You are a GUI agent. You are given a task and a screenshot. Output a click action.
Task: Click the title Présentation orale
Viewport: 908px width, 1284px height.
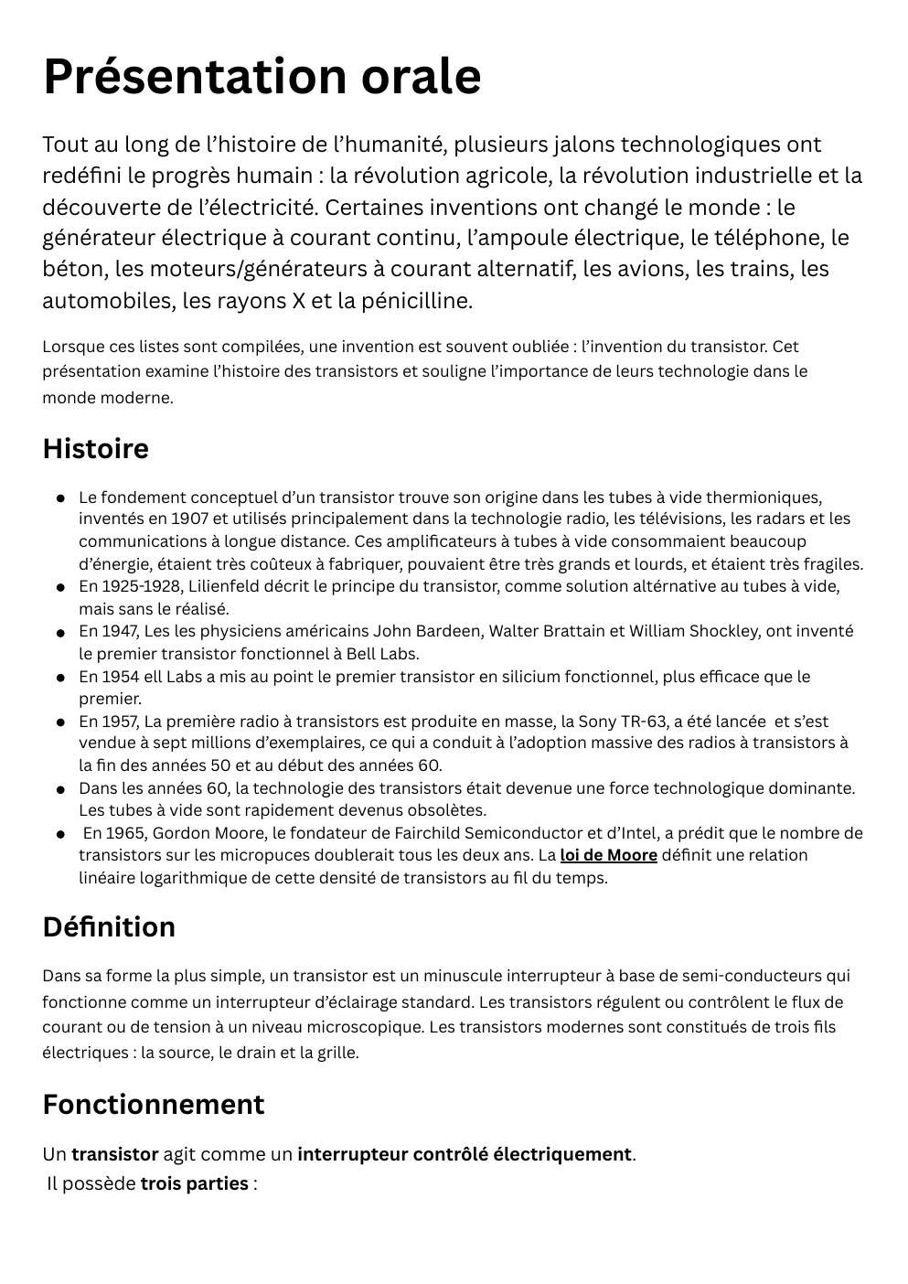(x=262, y=76)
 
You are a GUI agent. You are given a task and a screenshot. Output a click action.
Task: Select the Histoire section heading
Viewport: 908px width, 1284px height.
(x=95, y=449)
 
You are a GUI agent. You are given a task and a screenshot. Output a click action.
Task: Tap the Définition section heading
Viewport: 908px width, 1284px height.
(x=109, y=926)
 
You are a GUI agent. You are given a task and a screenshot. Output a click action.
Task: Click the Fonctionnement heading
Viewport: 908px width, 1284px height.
(x=153, y=1104)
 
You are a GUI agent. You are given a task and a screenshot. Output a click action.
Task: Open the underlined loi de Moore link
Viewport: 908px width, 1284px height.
(x=608, y=855)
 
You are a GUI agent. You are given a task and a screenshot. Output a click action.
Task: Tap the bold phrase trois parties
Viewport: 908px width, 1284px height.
(x=194, y=1183)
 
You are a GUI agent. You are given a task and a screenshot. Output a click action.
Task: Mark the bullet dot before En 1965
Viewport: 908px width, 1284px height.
(x=59, y=834)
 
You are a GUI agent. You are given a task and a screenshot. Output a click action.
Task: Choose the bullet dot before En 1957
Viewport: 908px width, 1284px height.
(x=59, y=722)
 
